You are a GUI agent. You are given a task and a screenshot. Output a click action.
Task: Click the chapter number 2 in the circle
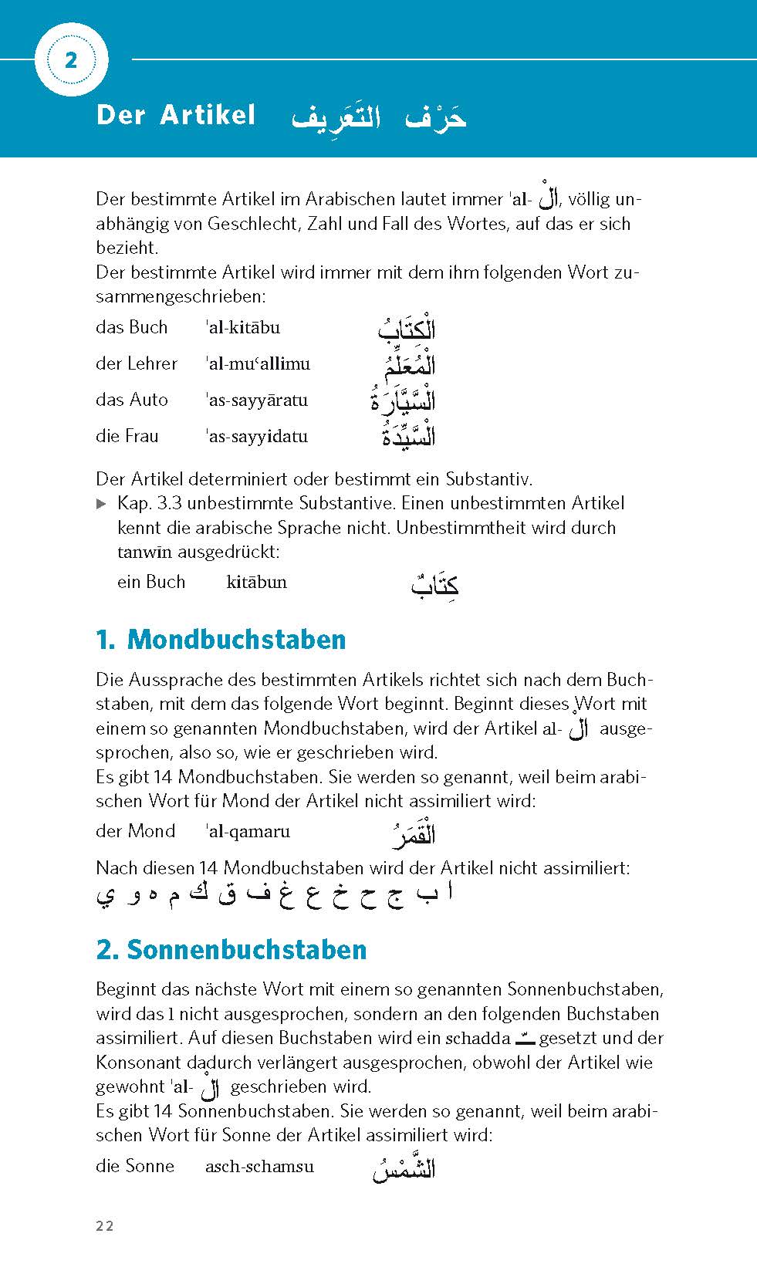[71, 60]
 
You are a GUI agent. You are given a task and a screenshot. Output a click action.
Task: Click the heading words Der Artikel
[175, 115]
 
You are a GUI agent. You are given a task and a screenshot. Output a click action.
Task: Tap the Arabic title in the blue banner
[379, 118]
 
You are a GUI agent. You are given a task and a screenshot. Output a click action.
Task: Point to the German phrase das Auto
[132, 400]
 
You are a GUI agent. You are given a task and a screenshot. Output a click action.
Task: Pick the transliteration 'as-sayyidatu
[257, 436]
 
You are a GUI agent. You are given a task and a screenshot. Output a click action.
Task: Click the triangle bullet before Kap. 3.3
[101, 504]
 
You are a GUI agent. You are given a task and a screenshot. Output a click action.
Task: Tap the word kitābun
[256, 582]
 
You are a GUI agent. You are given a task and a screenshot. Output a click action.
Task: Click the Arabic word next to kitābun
[434, 586]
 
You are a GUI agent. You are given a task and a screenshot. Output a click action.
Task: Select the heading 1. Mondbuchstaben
[221, 640]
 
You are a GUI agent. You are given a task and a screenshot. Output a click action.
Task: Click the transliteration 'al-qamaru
[248, 831]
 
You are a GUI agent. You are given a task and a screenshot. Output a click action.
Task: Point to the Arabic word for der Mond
[411, 834]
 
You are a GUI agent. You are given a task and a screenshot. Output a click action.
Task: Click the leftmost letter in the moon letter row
[105, 897]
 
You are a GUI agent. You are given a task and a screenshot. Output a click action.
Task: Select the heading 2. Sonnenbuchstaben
[231, 949]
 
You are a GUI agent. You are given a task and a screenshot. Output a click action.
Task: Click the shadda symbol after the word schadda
[525, 1039]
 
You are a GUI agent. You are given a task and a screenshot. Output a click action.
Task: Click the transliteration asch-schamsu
[259, 1166]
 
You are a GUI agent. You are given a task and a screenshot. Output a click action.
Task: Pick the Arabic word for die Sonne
[404, 1169]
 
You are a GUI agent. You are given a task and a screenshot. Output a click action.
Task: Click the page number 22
[105, 1226]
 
